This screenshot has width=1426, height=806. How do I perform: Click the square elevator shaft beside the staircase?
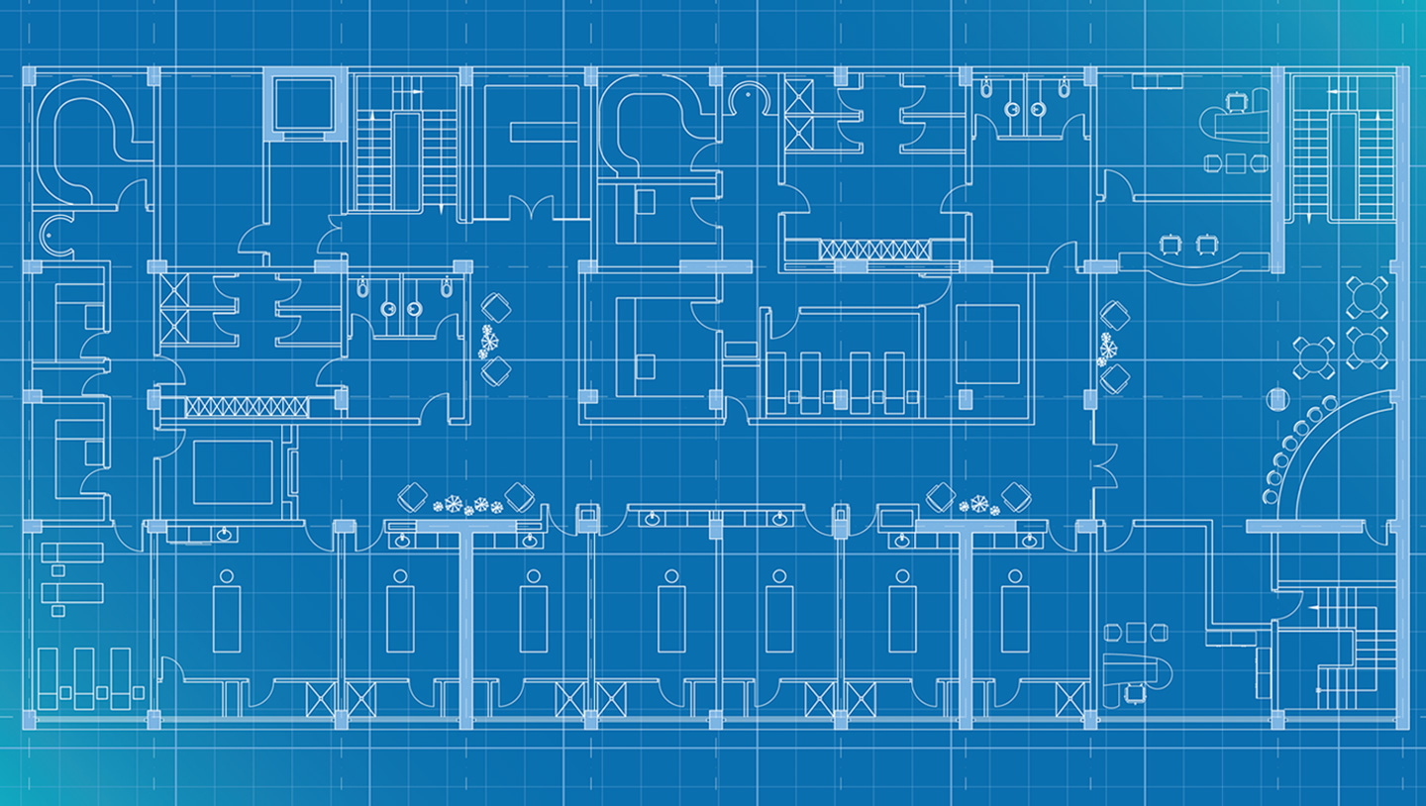pos(304,105)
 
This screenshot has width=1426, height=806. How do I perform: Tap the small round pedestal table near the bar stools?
pos(1276,400)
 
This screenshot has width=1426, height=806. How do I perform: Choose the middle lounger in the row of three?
pos(84,677)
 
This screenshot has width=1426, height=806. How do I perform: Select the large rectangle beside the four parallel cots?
pos(986,344)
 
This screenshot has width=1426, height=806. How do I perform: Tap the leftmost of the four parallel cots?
pos(776,381)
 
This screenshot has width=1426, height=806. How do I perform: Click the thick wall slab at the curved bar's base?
pos(1302,526)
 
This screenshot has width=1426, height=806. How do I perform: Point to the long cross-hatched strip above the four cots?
pos(873,250)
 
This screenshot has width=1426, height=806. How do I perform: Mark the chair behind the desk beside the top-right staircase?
pos(1234,101)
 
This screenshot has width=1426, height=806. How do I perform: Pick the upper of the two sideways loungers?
pos(72,553)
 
